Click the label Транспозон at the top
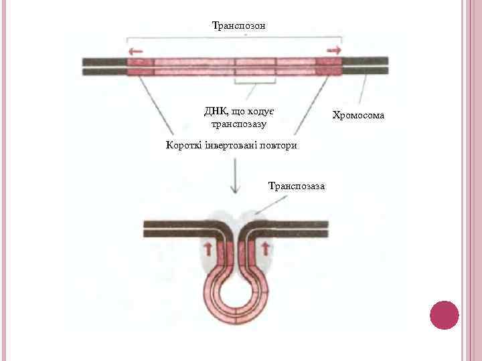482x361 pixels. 238,25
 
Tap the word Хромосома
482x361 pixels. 360,116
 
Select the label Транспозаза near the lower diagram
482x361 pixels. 296,185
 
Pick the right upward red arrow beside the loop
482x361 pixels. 266,250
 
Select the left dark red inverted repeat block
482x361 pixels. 141,66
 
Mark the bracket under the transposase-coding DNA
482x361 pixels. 255,83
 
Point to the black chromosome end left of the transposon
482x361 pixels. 104,66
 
